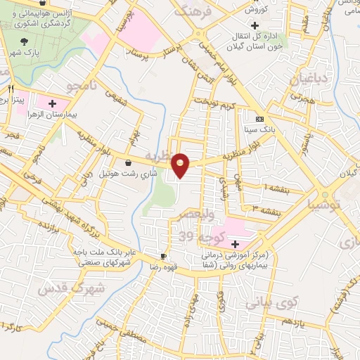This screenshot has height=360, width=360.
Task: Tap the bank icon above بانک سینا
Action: (x=260, y=118)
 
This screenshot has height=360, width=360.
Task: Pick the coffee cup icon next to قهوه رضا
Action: (x=163, y=256)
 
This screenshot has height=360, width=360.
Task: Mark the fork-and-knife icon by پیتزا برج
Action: (x=11, y=89)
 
